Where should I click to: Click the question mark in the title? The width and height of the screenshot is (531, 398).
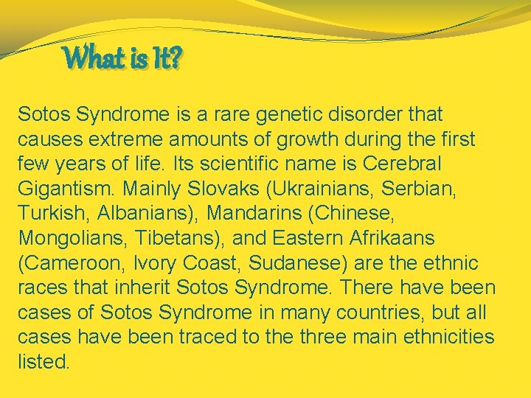click(x=173, y=59)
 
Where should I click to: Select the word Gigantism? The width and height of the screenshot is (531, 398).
click(x=68, y=189)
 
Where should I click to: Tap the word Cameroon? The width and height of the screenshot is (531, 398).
click(x=72, y=263)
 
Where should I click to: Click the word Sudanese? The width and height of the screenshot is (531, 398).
click(x=313, y=263)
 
